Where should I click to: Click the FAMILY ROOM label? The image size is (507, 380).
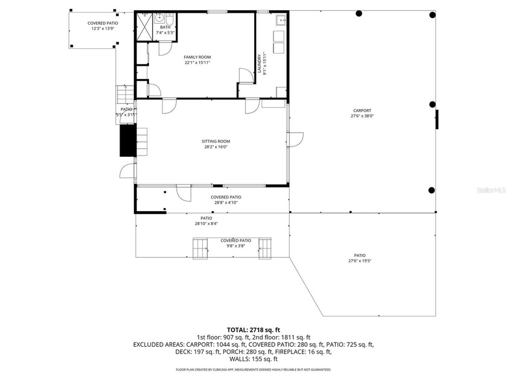[197, 57]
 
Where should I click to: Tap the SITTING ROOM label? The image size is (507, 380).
[215, 141]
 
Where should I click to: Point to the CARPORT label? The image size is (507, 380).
[362, 110]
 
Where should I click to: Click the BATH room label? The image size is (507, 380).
[165, 27]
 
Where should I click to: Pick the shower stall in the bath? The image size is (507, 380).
[145, 26]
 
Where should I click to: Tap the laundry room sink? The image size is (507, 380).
[281, 21]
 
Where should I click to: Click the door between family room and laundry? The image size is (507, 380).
[246, 76]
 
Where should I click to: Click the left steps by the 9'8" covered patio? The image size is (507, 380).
[199, 247]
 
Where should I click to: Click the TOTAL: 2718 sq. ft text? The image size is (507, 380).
[253, 330]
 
